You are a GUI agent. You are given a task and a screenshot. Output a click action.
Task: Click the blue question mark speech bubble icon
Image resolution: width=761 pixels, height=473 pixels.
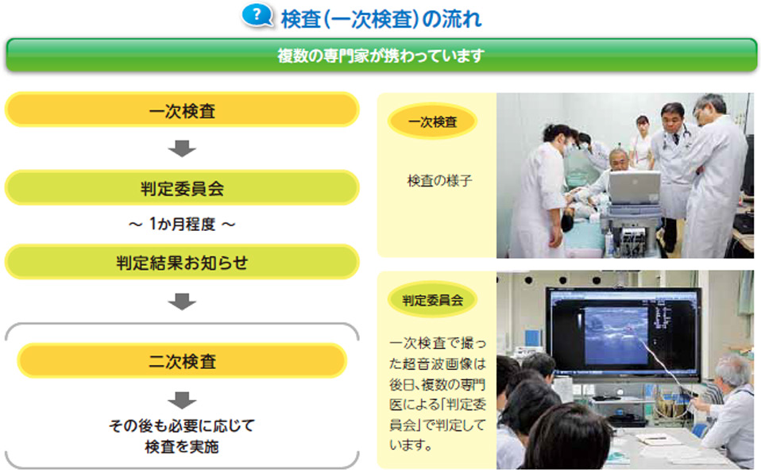coord(257,16)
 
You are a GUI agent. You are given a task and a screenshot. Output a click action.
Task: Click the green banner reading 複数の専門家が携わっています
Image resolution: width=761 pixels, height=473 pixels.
coord(381,56)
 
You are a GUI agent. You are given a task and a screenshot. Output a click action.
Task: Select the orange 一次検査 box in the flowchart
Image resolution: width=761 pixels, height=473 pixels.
coord(182,110)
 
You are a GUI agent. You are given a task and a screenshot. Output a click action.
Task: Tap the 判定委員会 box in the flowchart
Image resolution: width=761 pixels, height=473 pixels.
coord(182,188)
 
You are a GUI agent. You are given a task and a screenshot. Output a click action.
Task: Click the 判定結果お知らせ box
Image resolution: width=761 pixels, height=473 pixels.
coord(182,262)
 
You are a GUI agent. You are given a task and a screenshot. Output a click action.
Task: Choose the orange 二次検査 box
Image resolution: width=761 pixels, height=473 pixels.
coord(182,361)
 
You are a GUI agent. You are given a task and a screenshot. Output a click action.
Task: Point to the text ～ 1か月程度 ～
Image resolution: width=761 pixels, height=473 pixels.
coord(182,224)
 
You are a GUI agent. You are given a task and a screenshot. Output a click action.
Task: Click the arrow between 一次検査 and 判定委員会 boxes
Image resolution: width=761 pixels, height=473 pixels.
coord(182,148)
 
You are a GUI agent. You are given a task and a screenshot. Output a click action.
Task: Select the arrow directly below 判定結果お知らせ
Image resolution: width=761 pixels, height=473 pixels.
coord(182,302)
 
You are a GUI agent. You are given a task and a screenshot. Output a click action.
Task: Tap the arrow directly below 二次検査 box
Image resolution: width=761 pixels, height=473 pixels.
coord(182,400)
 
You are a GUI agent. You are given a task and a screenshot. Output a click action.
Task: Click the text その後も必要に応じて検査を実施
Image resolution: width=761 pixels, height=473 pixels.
coord(182,436)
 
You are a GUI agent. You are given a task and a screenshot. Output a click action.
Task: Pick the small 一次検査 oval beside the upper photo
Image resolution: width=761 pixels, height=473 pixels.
coord(432,121)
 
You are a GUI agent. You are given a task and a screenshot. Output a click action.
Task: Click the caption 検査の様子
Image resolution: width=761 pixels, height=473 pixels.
coord(439,181)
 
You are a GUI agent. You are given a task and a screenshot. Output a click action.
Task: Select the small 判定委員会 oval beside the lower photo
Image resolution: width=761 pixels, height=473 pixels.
coord(432,300)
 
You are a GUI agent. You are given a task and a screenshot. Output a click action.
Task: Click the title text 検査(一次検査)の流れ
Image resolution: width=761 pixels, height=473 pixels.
coord(381,19)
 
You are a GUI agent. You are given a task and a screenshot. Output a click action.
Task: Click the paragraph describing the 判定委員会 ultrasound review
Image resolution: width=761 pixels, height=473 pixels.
coord(437,394)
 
